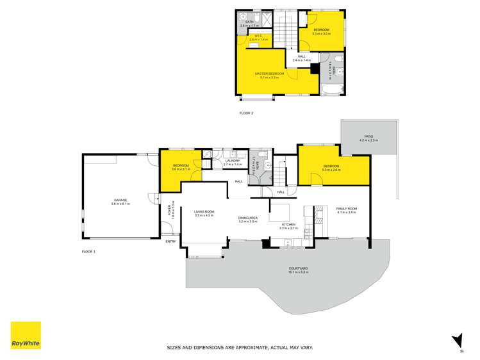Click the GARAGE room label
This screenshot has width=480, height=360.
[119, 200]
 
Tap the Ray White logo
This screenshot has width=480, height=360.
[26, 336]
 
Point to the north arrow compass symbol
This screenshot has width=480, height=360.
[458, 341]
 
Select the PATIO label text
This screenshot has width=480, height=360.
[368, 136]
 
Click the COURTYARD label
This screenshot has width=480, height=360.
[299, 268]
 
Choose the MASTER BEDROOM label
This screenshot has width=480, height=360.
[269, 74]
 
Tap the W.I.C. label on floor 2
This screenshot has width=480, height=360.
[258, 36]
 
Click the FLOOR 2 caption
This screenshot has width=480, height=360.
[247, 113]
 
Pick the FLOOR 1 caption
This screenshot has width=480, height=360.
[88, 252]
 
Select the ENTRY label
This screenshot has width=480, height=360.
[170, 241]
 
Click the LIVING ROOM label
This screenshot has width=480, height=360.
[204, 211]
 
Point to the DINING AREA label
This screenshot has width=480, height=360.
[247, 218]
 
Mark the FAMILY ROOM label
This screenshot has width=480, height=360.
[347, 209]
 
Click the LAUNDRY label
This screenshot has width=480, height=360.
[232, 161]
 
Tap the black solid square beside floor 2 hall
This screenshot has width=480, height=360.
[314, 69]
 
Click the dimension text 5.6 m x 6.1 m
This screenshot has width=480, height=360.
[119, 204]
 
